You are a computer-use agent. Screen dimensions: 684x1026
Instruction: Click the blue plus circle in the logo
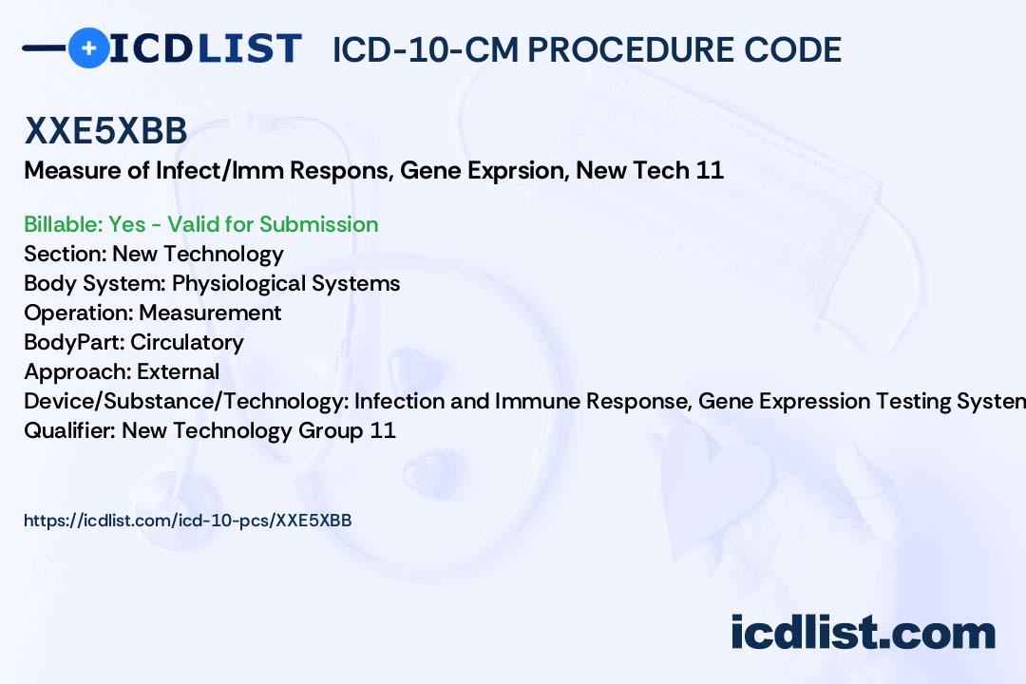pyautogui.click(x=88, y=47)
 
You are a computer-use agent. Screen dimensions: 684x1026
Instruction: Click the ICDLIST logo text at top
pyautogui.click(x=204, y=47)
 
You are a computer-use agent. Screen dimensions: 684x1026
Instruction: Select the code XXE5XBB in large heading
pyautogui.click(x=105, y=132)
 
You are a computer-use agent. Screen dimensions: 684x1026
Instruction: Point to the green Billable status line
pyautogui.click(x=200, y=224)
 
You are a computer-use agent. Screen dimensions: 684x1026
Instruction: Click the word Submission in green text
pyautogui.click(x=318, y=224)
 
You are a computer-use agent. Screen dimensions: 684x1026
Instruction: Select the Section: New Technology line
pyautogui.click(x=153, y=254)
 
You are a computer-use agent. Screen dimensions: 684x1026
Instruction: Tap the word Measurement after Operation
pyautogui.click(x=210, y=313)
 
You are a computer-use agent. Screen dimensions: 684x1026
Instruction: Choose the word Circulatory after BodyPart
pyautogui.click(x=186, y=342)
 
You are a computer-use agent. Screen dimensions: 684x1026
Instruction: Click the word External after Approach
pyautogui.click(x=178, y=371)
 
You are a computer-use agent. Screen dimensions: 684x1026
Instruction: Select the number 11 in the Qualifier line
pyautogui.click(x=383, y=430)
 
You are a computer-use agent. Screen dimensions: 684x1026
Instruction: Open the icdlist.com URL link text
pyautogui.click(x=187, y=521)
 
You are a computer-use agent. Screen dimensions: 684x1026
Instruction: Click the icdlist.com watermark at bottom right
pyautogui.click(x=863, y=633)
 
